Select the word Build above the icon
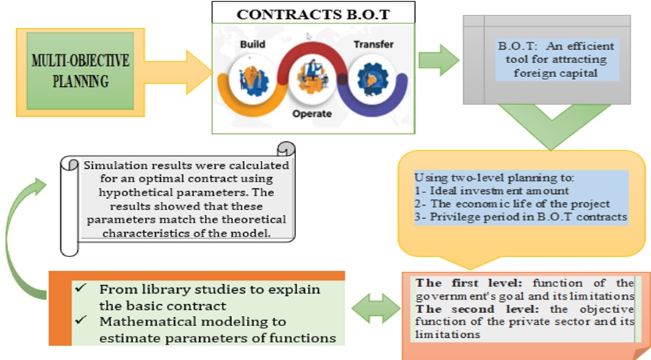pos(253,44)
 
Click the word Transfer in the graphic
pos(373,44)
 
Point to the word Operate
pos(312,114)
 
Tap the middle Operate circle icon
pos(312,79)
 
